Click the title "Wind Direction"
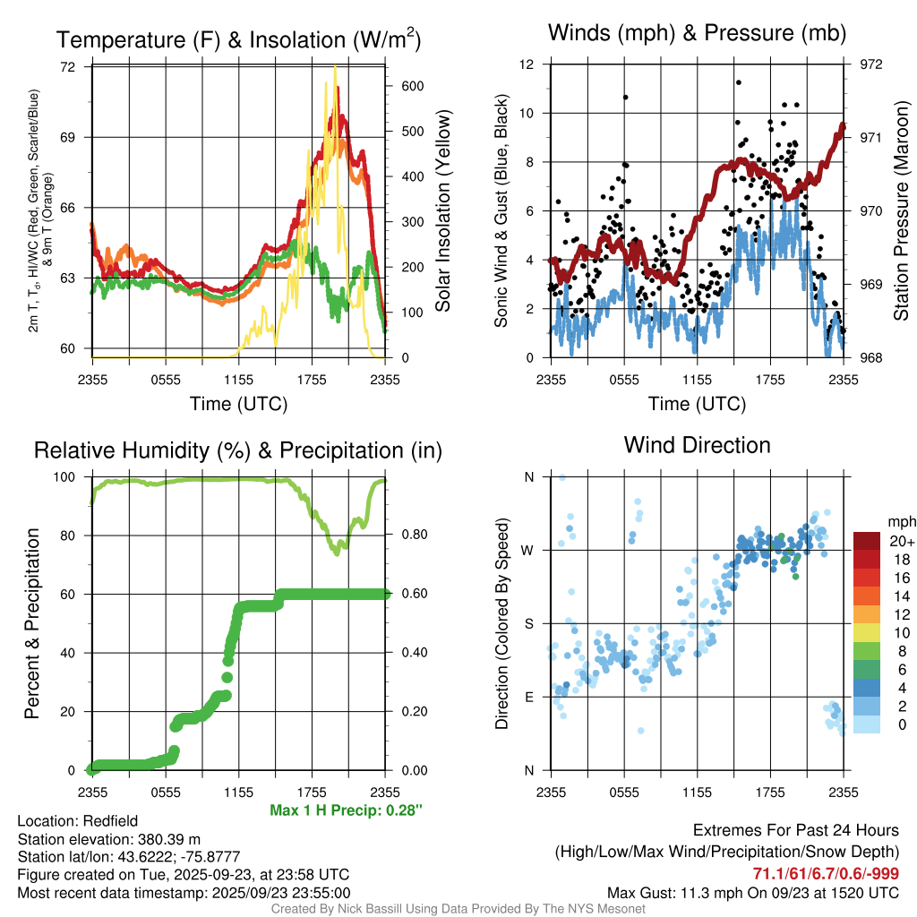(x=697, y=445)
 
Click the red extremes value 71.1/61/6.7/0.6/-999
(x=826, y=874)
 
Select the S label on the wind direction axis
(x=528, y=623)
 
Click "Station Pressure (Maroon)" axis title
(x=902, y=211)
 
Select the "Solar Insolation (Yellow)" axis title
(x=443, y=211)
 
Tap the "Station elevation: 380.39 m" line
(x=108, y=839)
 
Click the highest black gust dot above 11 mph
(x=738, y=82)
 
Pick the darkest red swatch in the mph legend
(x=867, y=541)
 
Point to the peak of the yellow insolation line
(x=335, y=67)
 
